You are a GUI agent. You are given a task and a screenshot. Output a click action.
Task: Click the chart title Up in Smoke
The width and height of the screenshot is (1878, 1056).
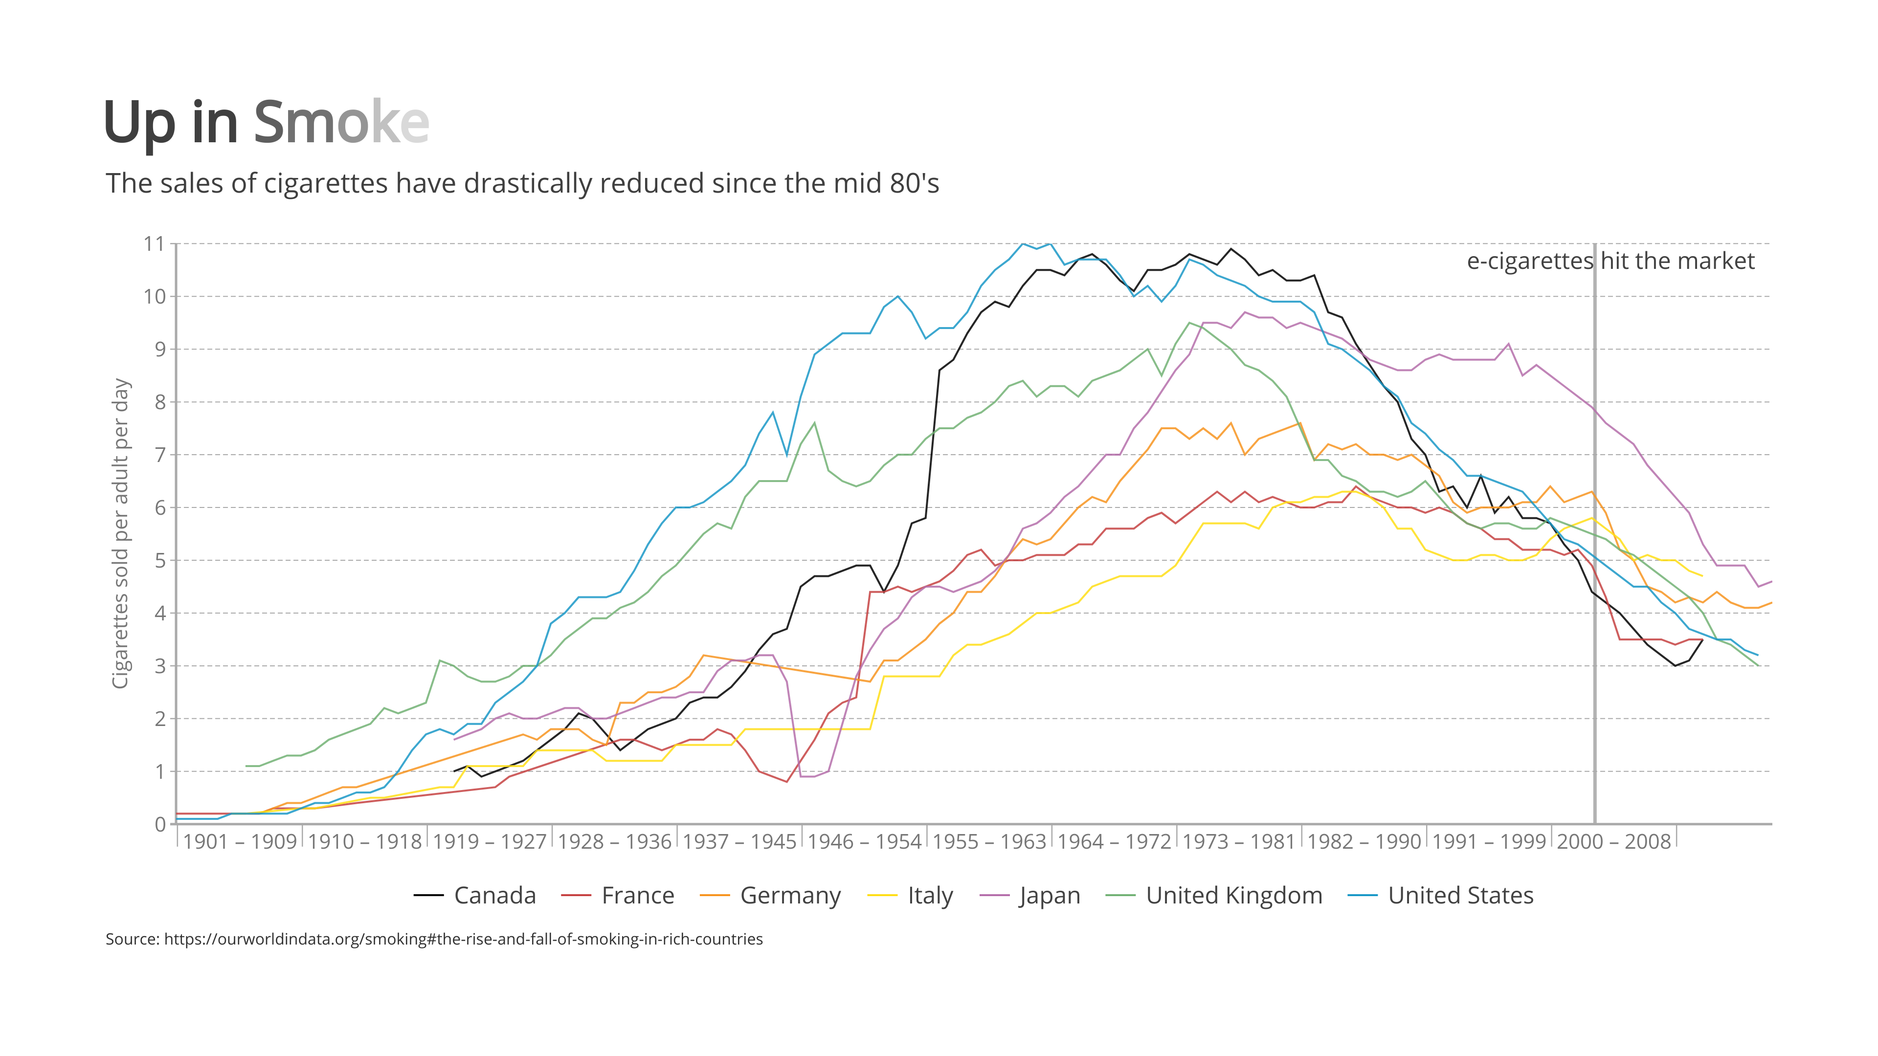[x=266, y=122]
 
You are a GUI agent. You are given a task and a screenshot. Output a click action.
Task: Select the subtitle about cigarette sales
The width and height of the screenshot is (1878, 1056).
[x=522, y=183]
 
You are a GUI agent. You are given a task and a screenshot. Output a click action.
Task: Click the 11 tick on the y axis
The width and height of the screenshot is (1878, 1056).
[x=155, y=243]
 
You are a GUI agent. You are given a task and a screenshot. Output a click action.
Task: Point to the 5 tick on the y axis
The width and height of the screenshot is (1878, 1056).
[x=159, y=560]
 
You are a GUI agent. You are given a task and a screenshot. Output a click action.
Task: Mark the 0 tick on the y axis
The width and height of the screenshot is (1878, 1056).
[x=159, y=824]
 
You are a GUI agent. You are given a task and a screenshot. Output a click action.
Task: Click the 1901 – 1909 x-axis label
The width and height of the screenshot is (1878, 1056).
[x=240, y=842]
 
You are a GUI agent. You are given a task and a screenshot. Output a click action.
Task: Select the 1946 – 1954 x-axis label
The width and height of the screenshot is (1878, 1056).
[x=865, y=842]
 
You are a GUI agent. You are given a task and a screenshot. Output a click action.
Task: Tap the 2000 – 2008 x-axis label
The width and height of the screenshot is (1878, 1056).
[x=1613, y=842]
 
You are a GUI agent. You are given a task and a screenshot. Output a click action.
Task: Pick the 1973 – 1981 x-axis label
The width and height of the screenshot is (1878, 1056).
[x=1239, y=842]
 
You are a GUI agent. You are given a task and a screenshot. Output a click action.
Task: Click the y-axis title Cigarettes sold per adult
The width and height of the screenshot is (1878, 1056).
[x=120, y=533]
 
